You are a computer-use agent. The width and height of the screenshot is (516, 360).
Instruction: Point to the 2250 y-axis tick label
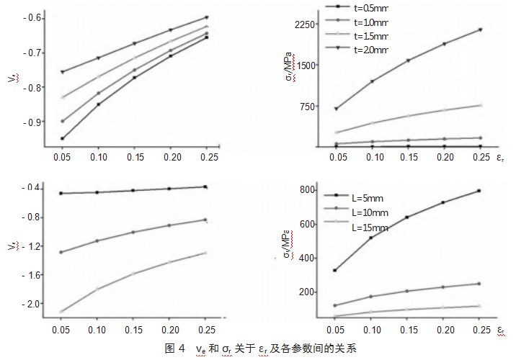pyautogui.click(x=306, y=24)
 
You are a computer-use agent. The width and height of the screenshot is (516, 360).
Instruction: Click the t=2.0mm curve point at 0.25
pyautogui.click(x=479, y=30)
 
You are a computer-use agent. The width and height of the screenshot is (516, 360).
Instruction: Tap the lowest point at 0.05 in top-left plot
pyautogui.click(x=63, y=138)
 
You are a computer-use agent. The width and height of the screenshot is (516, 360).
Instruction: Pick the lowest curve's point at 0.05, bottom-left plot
pyautogui.click(x=63, y=312)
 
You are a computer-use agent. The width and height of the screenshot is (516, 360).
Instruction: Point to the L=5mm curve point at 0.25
pyautogui.click(x=479, y=191)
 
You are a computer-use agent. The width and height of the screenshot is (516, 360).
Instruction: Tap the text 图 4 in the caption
pyautogui.click(x=176, y=348)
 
